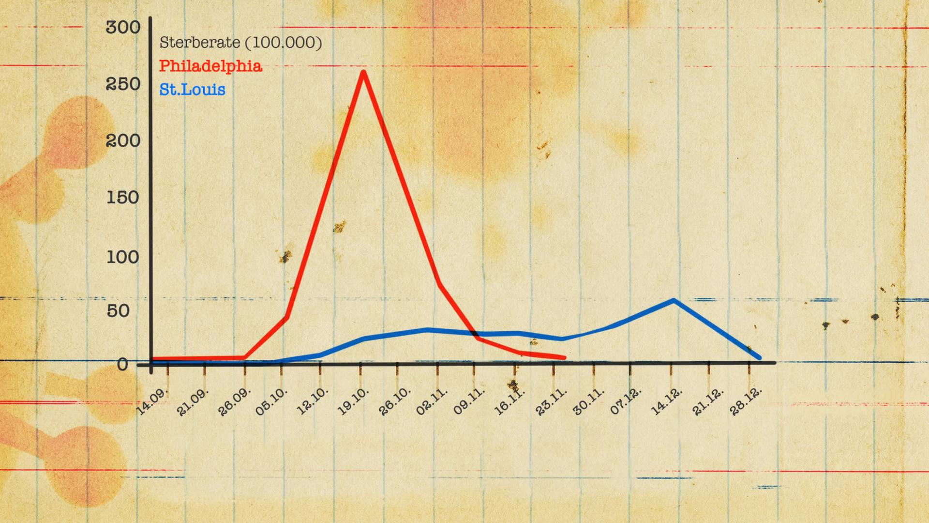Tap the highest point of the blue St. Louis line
coord(674,301)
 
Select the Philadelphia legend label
coord(210,66)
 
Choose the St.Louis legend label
coord(192,90)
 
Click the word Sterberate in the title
coord(199,43)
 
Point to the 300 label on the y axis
coord(123,28)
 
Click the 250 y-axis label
coord(123,84)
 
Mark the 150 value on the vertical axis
coord(123,198)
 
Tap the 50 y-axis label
coord(119,311)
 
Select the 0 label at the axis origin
coord(123,364)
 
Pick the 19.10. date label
coord(353,401)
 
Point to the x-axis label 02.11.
coord(432,401)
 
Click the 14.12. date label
coord(666,401)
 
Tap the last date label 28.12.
coord(746,401)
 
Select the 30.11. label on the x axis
coord(588,401)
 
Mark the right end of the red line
coord(564,358)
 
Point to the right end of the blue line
coord(759,358)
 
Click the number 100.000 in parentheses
coord(287,43)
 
